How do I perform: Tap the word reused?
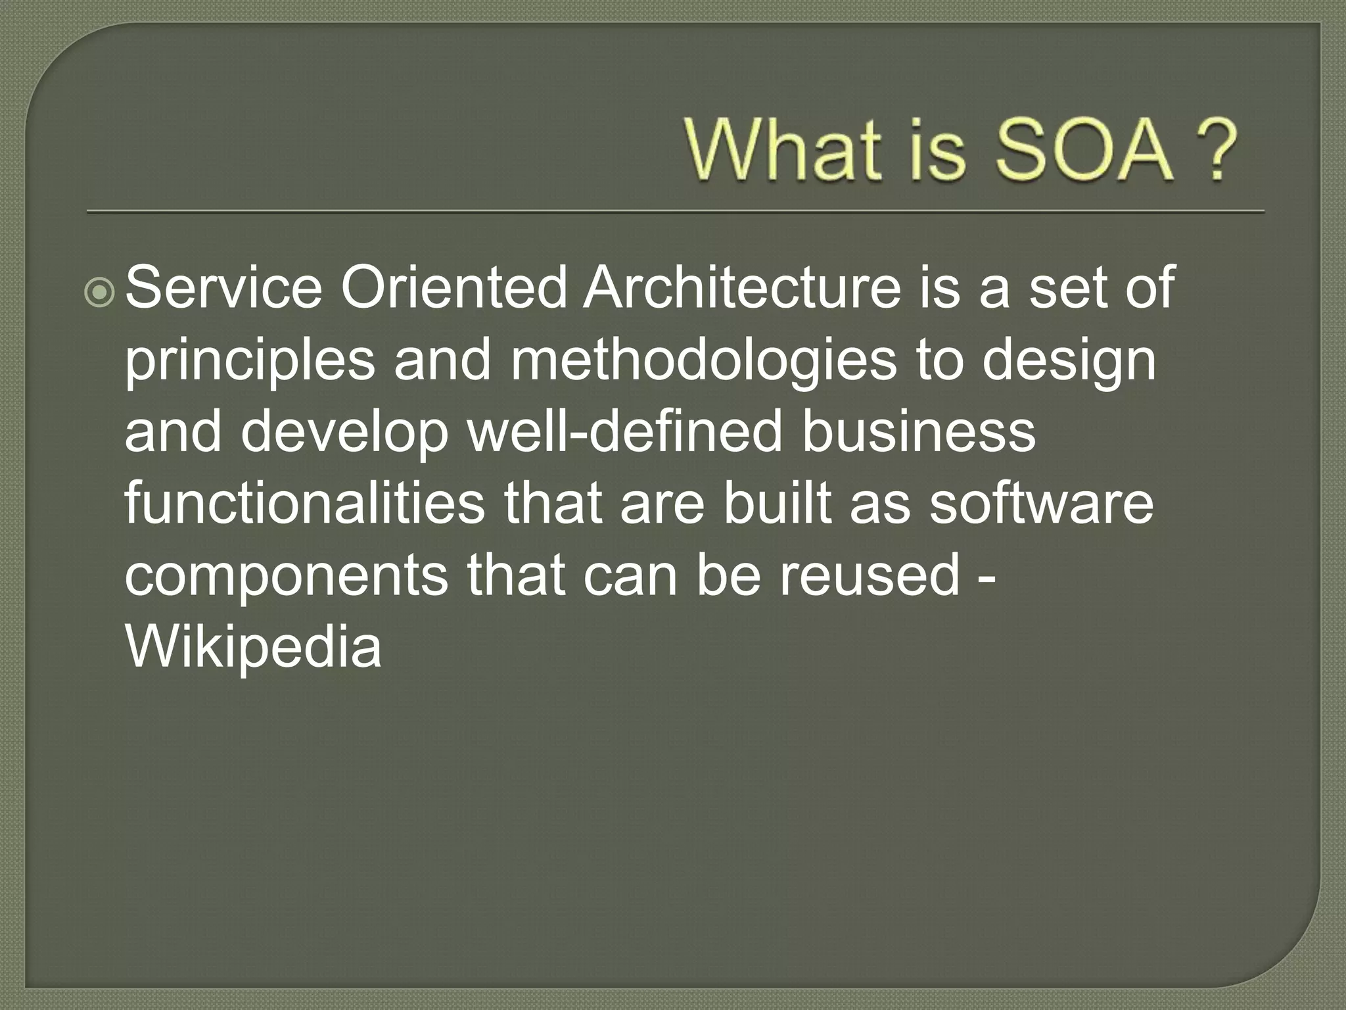pos(870,575)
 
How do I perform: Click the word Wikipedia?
pos(253,648)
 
